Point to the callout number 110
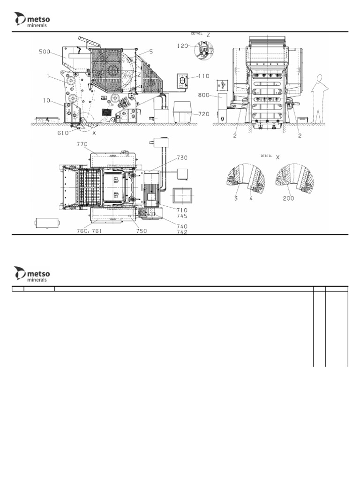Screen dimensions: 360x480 coord(203,76)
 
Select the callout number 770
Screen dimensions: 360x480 coord(82,145)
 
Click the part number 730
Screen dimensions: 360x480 coord(183,157)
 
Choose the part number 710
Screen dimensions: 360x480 coord(182,210)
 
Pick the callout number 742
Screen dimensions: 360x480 coord(182,232)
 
